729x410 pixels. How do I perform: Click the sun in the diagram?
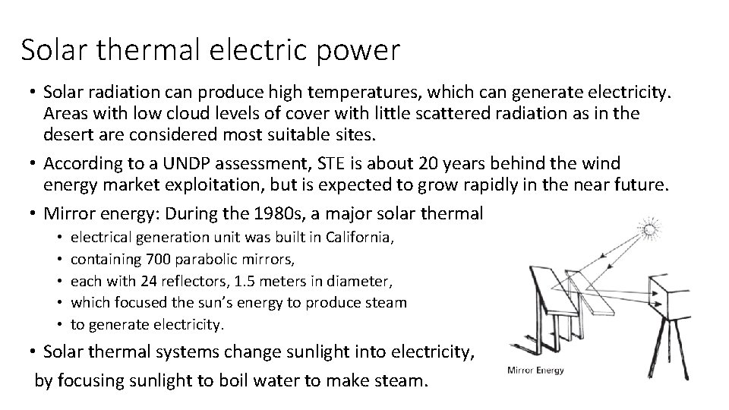pos(650,230)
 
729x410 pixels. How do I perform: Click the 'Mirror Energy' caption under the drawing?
pos(535,371)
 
